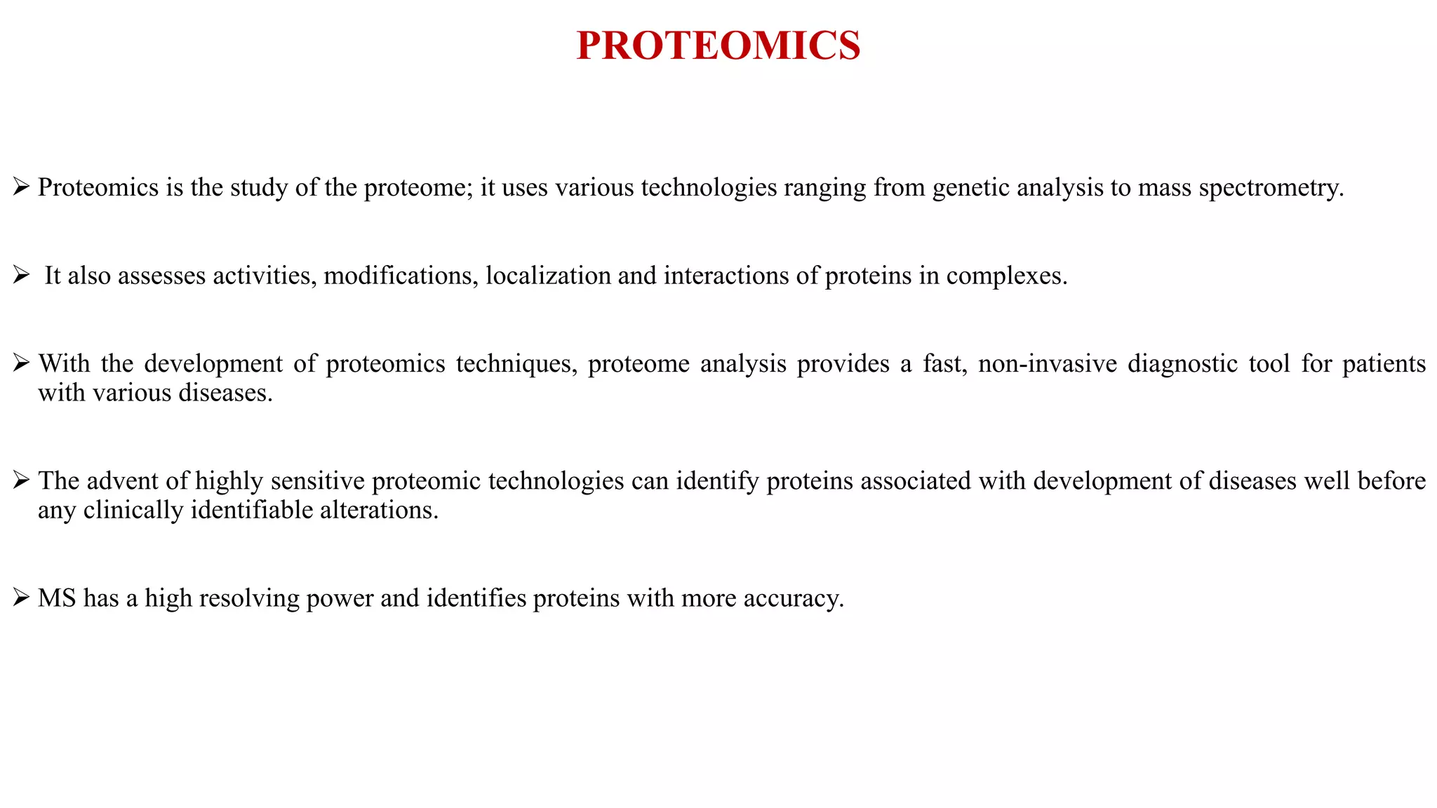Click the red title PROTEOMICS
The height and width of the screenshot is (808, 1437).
(x=718, y=46)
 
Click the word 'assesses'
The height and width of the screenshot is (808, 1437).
(x=161, y=276)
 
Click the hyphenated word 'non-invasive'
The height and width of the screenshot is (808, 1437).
(x=1047, y=364)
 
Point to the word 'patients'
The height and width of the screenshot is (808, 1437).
(x=1384, y=364)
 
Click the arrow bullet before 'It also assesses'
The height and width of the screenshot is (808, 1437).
(x=20, y=275)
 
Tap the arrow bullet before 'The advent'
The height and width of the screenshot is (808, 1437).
(x=20, y=480)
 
